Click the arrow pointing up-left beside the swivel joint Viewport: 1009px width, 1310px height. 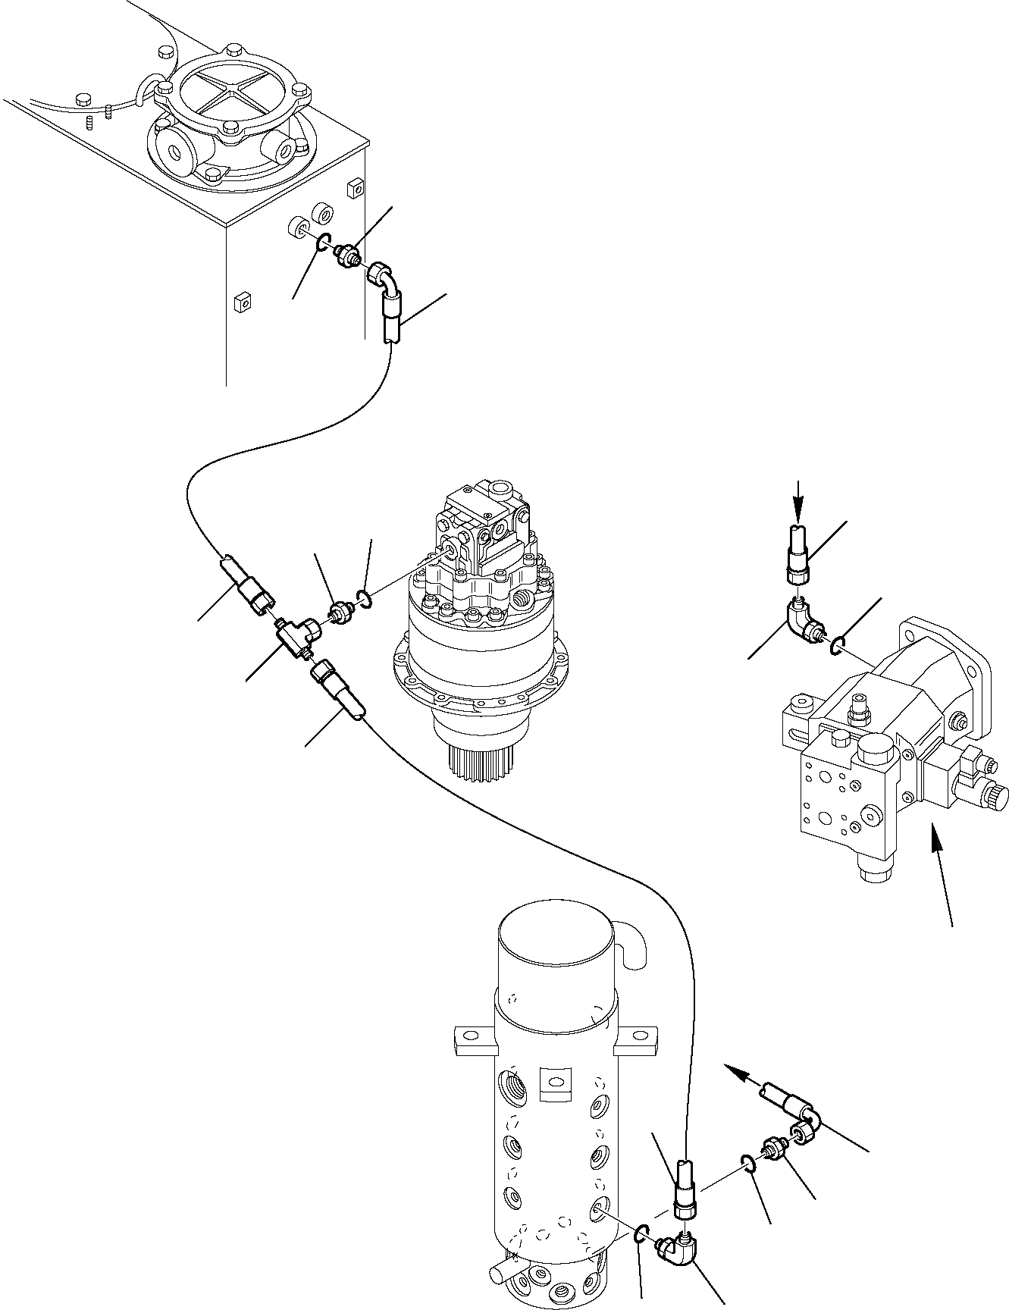739,1073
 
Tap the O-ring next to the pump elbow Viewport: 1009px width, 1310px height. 837,645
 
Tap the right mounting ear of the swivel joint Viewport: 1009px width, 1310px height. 636,1038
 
